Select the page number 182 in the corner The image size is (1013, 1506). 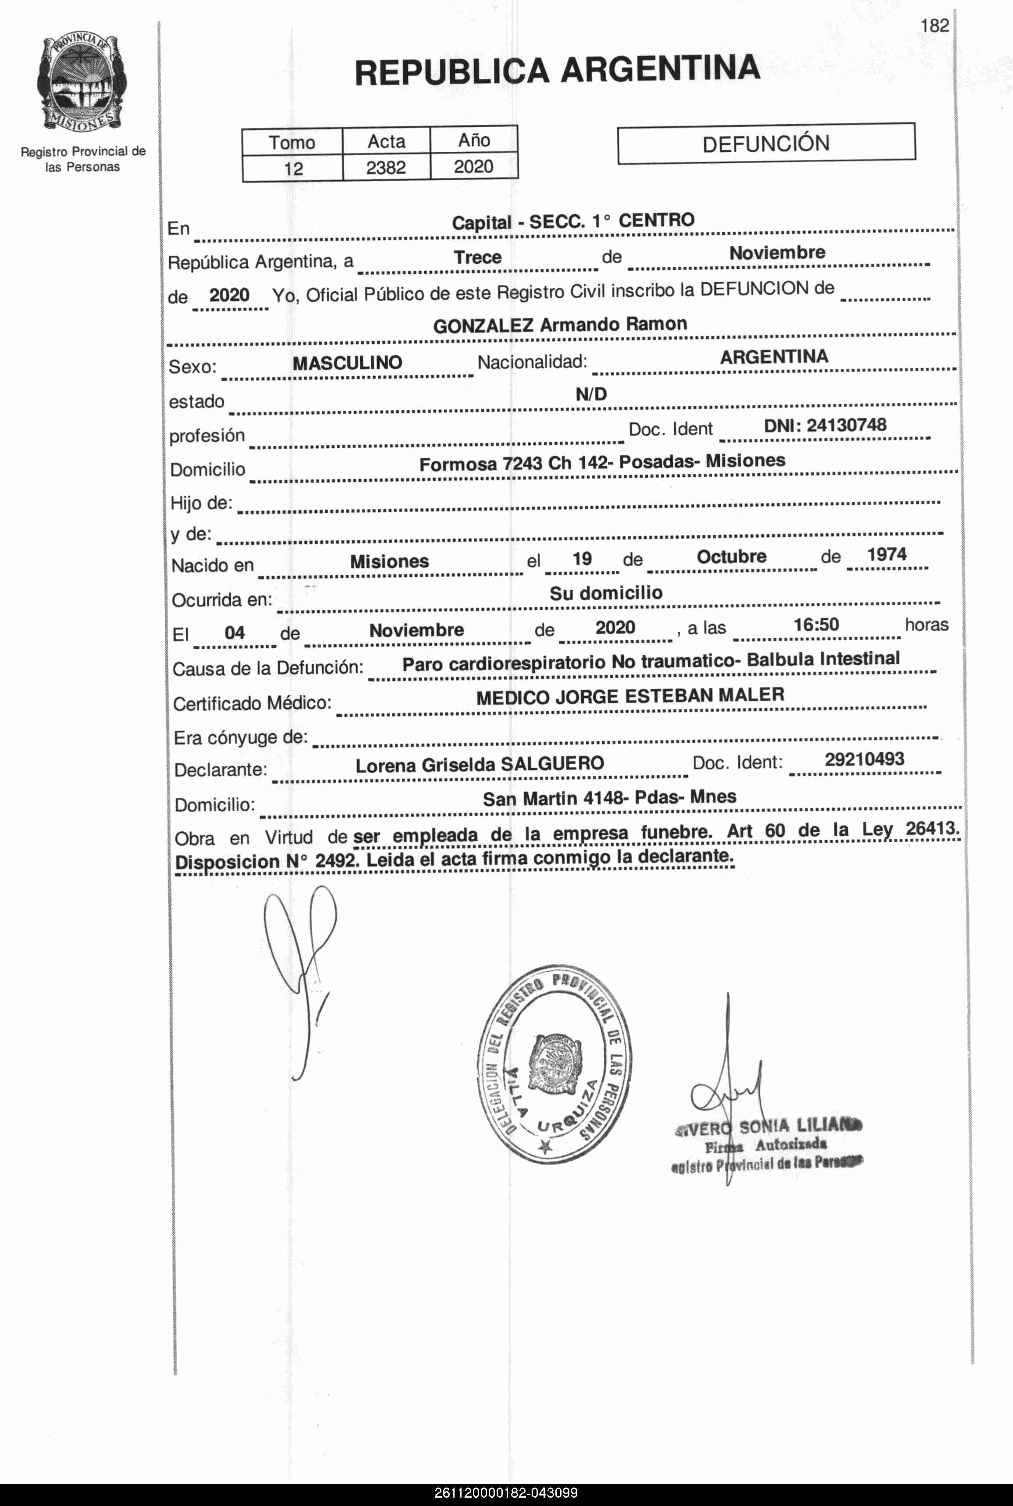pos(935,26)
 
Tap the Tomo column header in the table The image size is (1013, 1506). pos(292,142)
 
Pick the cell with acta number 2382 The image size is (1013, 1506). pos(386,168)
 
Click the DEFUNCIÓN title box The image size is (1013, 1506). pos(766,143)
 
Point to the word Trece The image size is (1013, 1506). pos(477,257)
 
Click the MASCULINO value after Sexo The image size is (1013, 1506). pos(348,363)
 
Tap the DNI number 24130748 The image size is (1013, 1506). pos(846,425)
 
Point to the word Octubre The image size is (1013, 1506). pos(731,557)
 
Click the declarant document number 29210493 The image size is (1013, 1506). pos(864,759)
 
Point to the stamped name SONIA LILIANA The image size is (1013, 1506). pos(799,1127)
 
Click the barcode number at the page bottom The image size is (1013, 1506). pos(506,1493)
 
